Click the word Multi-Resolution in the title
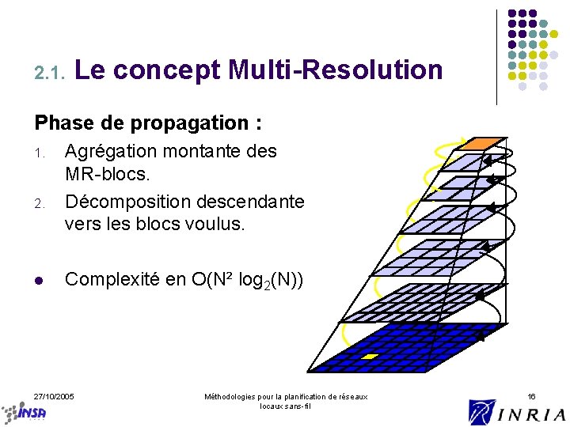click(334, 70)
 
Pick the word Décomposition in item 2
click(131, 202)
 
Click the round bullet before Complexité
click(39, 280)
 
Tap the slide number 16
click(531, 395)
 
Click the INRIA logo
click(517, 412)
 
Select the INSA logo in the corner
click(24, 412)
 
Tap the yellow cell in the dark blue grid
click(369, 357)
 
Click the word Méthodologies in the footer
click(230, 396)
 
